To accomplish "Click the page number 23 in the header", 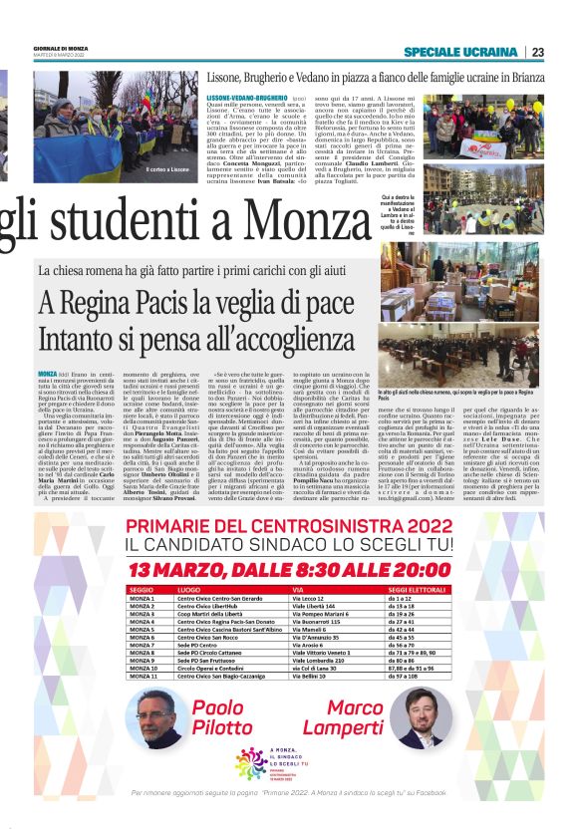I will (537, 52).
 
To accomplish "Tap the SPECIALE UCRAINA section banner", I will (461, 52).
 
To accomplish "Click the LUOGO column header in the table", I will (188, 590).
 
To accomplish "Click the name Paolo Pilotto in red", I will (224, 714).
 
